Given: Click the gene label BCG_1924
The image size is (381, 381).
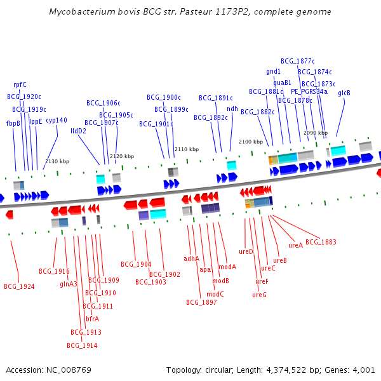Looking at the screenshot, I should point(19,286).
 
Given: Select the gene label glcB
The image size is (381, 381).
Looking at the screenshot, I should point(344,93).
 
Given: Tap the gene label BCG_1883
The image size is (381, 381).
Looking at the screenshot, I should point(321,242).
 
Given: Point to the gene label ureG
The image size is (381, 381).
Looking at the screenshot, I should point(259,295).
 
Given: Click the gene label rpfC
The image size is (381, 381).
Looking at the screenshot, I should point(20,84).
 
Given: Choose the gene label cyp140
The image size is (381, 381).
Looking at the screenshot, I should point(57,120).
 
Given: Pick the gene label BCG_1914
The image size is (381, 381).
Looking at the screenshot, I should point(82,345).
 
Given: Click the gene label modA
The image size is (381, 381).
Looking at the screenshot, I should point(227,267).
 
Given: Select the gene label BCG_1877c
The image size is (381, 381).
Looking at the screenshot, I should point(298,61).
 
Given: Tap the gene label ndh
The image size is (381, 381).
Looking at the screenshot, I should point(232,109).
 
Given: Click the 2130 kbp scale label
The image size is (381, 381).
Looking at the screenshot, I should point(57,161).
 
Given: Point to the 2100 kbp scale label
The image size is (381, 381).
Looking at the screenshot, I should point(251,142).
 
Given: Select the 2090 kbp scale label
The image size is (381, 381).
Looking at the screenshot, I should point(316,133).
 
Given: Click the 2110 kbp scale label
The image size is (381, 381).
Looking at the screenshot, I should point(187,149).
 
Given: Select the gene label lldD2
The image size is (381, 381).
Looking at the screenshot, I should point(79,131).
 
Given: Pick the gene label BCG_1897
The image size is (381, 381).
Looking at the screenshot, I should point(201,302).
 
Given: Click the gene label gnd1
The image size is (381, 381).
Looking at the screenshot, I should point(274,71).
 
